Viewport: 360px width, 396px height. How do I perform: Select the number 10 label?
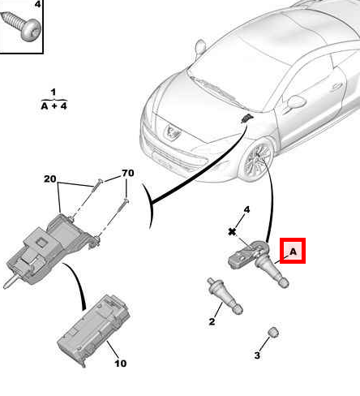coord(120,364)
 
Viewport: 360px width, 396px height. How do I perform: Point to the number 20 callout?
coord(50,179)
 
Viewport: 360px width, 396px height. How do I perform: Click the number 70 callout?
coord(127,173)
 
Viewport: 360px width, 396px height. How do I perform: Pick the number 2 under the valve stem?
coord(212,322)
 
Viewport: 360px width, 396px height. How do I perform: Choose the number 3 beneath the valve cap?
coord(257,355)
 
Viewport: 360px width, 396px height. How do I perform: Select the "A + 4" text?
coord(53,105)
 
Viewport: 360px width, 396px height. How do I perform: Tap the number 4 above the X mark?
coord(247,210)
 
